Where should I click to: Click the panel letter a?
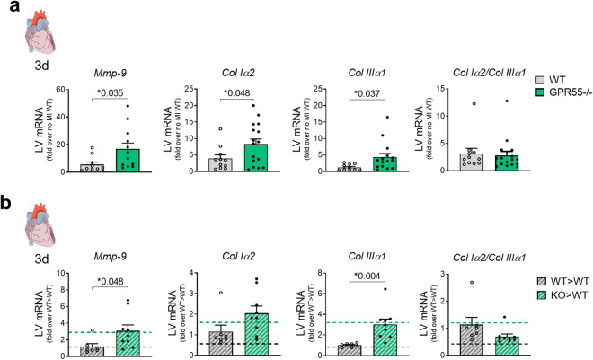[6, 8]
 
